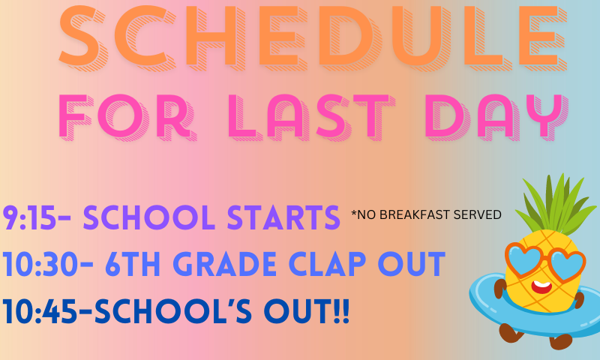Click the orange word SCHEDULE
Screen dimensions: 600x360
coord(313,37)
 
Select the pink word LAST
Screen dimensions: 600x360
coord(311,117)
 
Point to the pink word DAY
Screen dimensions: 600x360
coord(496,117)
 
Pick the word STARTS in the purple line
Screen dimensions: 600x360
coord(283,217)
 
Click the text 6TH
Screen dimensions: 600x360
coord(133,264)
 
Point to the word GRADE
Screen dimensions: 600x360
coord(224,264)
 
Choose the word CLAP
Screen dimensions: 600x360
coord(328,264)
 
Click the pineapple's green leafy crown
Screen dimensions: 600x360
coord(556,205)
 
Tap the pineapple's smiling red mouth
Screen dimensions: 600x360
coord(541,286)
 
